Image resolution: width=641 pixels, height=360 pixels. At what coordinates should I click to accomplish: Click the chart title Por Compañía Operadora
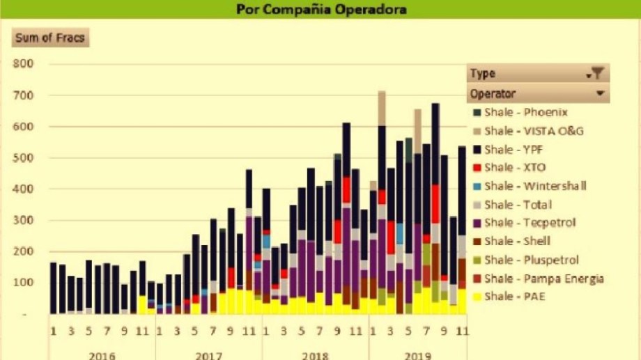[x=320, y=10]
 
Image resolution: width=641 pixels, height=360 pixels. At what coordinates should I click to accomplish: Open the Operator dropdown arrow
[x=599, y=93]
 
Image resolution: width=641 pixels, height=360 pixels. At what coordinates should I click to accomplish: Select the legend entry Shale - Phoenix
[x=525, y=112]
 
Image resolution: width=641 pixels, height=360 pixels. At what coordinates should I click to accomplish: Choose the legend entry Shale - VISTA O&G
[x=533, y=131]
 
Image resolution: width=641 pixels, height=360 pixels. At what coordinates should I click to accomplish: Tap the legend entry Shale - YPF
[x=516, y=149]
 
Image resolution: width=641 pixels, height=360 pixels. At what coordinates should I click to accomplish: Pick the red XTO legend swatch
[x=476, y=168]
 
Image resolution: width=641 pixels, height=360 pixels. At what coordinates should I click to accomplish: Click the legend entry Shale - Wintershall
[x=534, y=186]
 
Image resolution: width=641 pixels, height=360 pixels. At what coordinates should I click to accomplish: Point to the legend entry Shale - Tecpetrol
[x=527, y=223]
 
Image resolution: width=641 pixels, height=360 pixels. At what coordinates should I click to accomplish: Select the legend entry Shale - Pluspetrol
[x=531, y=260]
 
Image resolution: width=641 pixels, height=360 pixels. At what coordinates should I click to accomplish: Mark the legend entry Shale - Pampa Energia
[x=543, y=279]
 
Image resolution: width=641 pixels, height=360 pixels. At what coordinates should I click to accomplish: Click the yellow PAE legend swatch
[x=476, y=297]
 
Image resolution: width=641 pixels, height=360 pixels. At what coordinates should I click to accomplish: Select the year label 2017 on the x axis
[x=208, y=355]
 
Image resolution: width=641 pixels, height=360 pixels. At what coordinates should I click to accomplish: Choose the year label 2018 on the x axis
[x=315, y=355]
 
